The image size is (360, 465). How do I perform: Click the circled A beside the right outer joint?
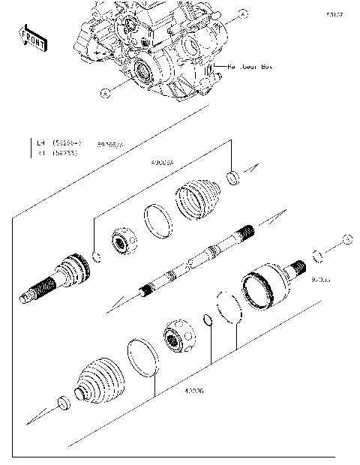coord(346,238)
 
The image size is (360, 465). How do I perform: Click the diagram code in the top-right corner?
coord(334,14)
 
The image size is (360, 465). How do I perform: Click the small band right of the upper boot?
coord(234,178)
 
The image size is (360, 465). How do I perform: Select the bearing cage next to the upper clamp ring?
coord(123,241)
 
